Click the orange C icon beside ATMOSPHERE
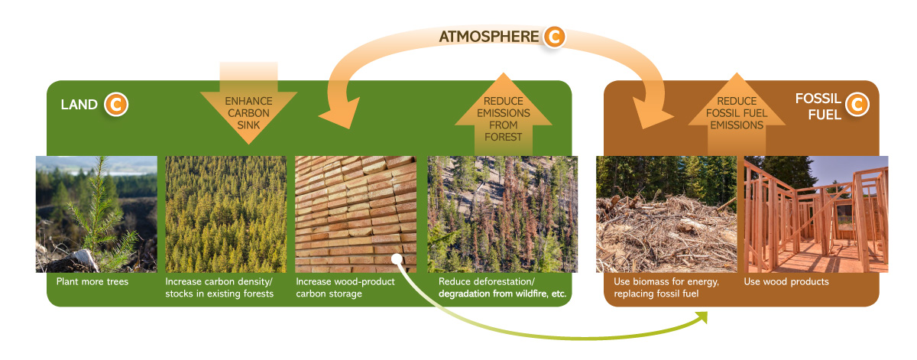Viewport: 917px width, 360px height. point(554,37)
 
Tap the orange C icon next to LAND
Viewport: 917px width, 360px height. point(115,104)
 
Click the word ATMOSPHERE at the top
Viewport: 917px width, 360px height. point(488,37)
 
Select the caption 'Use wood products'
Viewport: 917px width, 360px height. point(786,281)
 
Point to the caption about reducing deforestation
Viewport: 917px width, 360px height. point(504,287)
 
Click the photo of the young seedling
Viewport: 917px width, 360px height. point(96,214)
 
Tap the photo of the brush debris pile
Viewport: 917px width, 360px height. point(666,214)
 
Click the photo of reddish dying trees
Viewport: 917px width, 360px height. point(502,214)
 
